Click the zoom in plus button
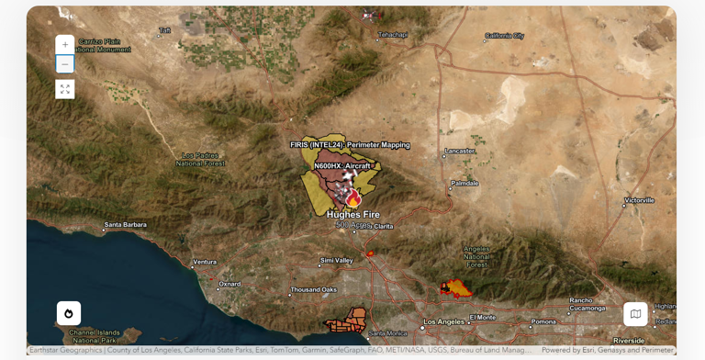pos(64,45)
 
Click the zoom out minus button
pos(64,64)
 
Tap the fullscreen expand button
pos(64,89)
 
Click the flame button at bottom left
pos(69,313)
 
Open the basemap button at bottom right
pos(635,314)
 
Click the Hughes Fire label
pos(353,215)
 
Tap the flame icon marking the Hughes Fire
pos(353,198)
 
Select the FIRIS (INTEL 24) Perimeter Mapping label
pos(350,145)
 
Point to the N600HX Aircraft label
pos(342,166)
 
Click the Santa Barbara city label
pos(126,224)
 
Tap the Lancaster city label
pos(460,151)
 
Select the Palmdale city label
pos(464,183)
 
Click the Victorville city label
pos(639,200)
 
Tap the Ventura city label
pos(205,262)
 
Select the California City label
pos(504,36)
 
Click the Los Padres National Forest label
pos(200,160)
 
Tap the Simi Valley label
pos(336,261)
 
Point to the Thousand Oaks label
pos(313,290)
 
